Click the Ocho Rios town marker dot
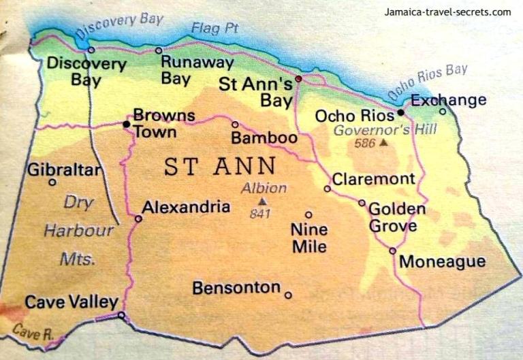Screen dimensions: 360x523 pos(400,112)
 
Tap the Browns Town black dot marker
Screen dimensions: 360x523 pos(126,125)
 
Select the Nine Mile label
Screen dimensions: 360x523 pos(309,238)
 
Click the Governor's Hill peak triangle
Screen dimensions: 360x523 pos(384,144)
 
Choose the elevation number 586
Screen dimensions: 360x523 pos(365,144)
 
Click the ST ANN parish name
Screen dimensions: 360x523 pos(220,166)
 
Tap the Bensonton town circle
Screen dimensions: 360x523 pos(288,295)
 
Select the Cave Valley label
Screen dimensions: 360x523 pos(72,302)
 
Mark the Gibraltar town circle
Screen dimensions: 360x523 pos(52,182)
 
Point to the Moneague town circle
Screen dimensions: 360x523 pos(392,250)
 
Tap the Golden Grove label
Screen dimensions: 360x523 pos(397,217)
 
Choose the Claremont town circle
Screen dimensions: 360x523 pos(327,189)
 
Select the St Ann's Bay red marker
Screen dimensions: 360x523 pos(298,79)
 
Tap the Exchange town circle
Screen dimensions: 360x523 pos(442,112)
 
